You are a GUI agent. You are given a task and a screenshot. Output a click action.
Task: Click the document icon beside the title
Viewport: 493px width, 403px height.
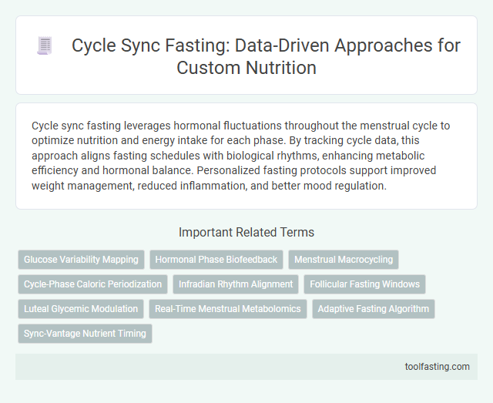(45, 46)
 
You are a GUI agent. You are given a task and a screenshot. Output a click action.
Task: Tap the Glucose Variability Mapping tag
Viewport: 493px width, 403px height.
(81, 260)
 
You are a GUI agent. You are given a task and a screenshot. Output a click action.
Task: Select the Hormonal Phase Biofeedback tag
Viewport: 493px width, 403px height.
(216, 260)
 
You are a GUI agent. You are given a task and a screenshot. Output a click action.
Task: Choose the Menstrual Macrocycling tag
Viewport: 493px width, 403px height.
(344, 260)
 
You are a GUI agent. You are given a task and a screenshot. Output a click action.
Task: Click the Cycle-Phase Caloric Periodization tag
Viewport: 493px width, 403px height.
(92, 284)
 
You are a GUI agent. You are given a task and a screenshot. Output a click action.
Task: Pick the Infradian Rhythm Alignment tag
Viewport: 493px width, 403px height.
(236, 284)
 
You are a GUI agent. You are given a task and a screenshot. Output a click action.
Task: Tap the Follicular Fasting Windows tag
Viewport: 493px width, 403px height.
(364, 284)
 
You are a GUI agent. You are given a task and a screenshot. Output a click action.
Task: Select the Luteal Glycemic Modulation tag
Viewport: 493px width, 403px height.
(81, 309)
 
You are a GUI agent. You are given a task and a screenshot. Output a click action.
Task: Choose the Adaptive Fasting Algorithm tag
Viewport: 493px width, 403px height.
(374, 309)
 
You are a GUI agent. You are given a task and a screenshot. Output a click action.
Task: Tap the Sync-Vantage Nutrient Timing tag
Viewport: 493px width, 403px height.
(85, 334)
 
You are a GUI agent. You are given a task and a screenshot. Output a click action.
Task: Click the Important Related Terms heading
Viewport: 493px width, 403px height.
(246, 231)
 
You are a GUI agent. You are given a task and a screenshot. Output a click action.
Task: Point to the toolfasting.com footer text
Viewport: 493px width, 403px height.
(437, 366)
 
